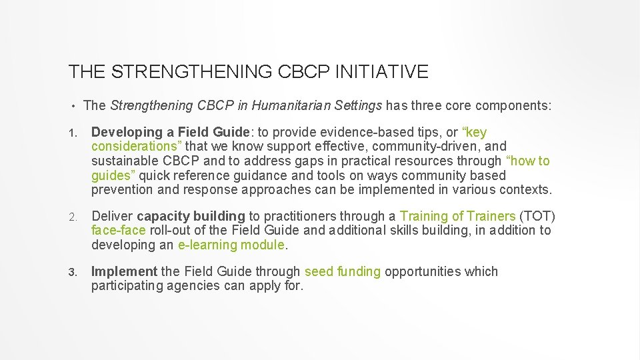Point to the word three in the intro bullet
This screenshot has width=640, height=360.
[x=430, y=105]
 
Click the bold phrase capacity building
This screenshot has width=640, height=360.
[x=191, y=216]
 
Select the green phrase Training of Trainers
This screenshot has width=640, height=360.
[x=457, y=216]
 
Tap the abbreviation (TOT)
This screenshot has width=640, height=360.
[x=537, y=216]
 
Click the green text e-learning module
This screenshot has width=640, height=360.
[x=231, y=245]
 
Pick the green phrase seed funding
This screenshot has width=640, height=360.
[x=342, y=272]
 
